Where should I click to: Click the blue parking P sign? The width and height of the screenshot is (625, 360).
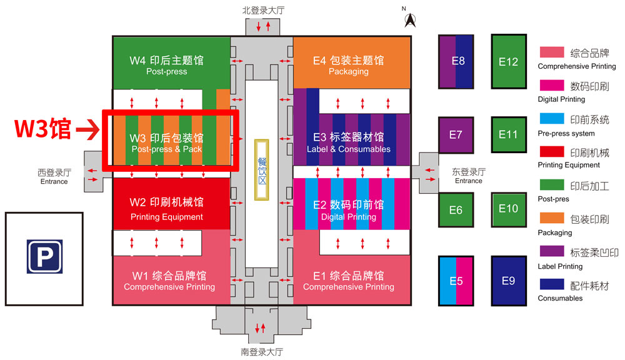point(44,256)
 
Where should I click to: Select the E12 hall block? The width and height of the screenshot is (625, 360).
point(509,61)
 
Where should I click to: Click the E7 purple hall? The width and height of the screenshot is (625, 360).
point(456,135)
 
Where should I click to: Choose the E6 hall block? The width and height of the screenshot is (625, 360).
point(456,209)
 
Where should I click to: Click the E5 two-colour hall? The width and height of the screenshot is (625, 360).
point(456,281)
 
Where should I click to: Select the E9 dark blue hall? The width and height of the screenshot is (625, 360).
point(509,281)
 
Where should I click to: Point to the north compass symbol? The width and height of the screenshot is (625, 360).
point(411,19)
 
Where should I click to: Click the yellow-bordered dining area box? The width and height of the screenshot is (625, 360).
point(262,169)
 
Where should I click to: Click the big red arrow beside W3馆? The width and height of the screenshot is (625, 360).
point(87,130)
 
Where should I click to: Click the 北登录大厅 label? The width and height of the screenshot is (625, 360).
point(263,10)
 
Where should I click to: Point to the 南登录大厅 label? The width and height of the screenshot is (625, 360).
point(262,352)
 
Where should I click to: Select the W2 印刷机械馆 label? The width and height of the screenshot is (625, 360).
point(166,202)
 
